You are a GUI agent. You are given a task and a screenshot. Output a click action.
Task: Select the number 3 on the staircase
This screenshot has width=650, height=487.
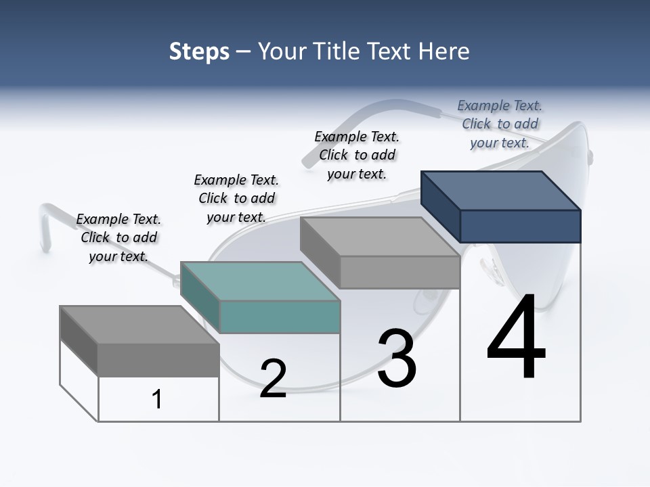[397, 358]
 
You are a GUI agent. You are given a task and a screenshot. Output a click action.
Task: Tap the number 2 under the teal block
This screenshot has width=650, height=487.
[273, 379]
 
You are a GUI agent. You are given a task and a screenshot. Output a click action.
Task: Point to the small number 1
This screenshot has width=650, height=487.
[157, 399]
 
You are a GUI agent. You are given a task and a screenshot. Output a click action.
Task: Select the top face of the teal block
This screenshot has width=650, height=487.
[260, 281]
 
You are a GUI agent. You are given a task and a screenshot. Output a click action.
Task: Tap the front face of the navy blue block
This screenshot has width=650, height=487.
[520, 226]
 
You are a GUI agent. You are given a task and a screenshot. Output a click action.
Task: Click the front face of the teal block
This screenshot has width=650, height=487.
[280, 317]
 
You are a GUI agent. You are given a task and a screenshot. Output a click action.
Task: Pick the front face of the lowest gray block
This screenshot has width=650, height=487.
[158, 359]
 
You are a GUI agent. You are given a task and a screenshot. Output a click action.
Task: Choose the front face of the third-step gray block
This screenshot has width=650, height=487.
[399, 272]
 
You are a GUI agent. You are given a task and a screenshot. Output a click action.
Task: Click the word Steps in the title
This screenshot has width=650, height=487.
[199, 51]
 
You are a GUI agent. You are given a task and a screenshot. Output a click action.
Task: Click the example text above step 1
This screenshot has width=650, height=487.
[118, 237]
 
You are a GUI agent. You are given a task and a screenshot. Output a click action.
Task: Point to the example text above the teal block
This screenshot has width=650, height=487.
[236, 198]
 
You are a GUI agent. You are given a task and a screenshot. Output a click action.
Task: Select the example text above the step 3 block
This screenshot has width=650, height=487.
[357, 155]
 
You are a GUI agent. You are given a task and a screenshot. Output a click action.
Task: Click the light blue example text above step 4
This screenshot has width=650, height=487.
[500, 124]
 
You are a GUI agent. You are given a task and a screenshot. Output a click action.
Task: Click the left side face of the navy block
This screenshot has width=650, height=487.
[440, 206]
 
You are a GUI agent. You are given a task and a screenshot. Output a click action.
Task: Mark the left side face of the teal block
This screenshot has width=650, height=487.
[200, 296]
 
